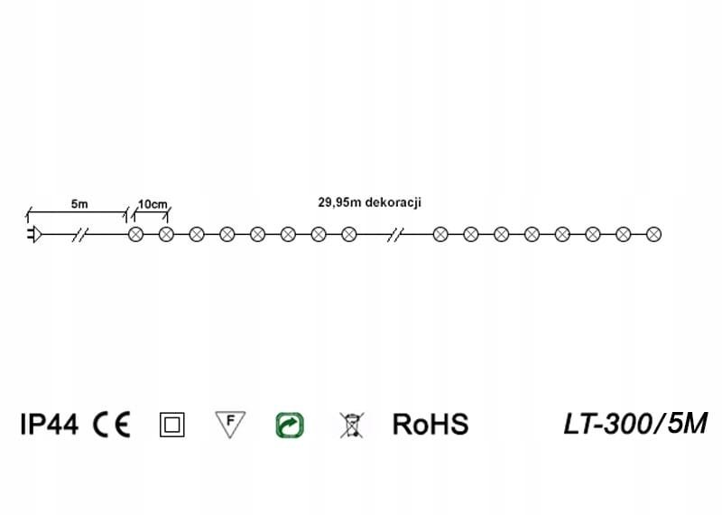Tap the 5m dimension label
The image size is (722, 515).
tap(79, 204)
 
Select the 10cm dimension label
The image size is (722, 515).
tap(151, 204)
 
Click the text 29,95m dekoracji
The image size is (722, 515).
tap(370, 203)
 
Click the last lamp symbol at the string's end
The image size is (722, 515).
tap(653, 235)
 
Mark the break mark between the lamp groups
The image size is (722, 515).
tap(394, 235)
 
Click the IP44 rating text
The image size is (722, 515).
tap(50, 424)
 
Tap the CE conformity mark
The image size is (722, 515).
tap(112, 424)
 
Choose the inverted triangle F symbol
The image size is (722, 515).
tap(230, 423)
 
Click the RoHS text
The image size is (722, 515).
tap(430, 424)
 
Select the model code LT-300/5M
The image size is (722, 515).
tap(635, 423)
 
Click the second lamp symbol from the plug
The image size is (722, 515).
tap(166, 235)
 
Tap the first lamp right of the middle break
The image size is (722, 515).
tap(440, 235)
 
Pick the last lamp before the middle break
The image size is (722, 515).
tap(348, 235)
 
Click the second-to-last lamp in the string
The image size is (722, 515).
tap(623, 235)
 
